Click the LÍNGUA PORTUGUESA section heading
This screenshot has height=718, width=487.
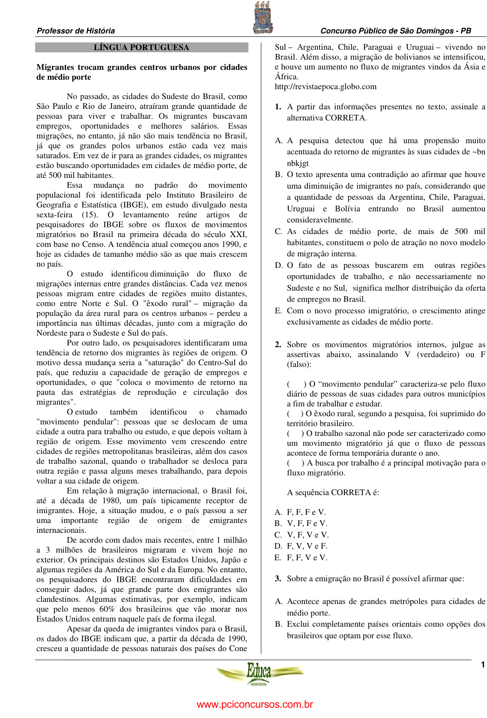(141, 48)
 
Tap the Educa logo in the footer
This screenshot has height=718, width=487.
(260, 673)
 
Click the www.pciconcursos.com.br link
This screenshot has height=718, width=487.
(255, 704)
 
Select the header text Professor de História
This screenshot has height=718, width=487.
(76, 31)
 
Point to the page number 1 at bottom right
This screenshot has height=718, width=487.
(483, 665)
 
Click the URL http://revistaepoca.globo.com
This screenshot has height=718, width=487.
(326, 87)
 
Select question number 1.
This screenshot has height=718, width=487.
(278, 107)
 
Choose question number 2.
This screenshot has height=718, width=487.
(278, 345)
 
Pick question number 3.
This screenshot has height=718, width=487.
(278, 579)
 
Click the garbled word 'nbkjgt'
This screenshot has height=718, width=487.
(298, 163)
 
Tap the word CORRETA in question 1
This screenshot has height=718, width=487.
(345, 118)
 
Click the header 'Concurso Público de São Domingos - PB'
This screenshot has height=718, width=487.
(396, 31)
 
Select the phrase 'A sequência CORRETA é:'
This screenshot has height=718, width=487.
(333, 493)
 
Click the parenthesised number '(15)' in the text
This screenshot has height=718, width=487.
(90, 215)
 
